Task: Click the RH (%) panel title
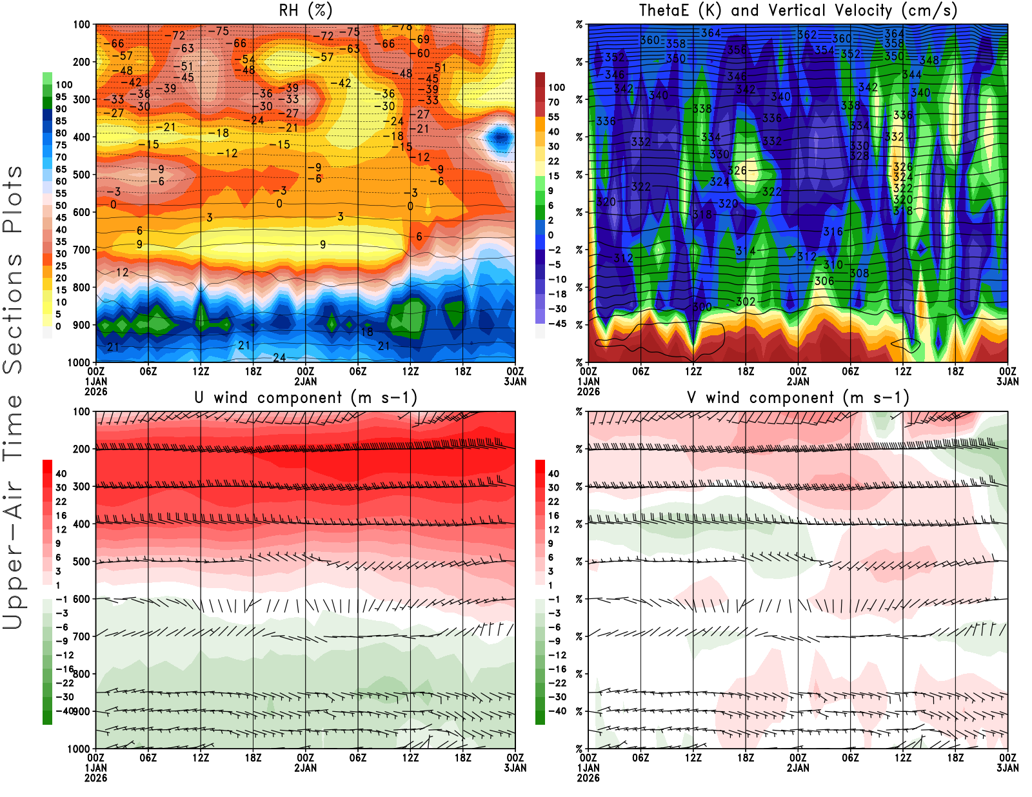[306, 10]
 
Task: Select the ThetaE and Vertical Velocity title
[798, 10]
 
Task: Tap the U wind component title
[306, 397]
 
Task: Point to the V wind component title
[798, 397]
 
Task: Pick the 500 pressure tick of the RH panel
[81, 175]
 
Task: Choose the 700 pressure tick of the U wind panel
[81, 636]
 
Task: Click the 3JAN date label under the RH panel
[515, 382]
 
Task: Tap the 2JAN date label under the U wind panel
[306, 768]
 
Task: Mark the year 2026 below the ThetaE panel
[588, 391]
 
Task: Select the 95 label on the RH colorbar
[61, 97]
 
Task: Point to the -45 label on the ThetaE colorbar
[557, 324]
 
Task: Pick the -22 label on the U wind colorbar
[64, 683]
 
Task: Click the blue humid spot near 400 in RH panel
[500, 137]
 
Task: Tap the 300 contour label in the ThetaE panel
[702, 307]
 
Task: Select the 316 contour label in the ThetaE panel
[833, 231]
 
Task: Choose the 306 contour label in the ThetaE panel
[824, 280]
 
